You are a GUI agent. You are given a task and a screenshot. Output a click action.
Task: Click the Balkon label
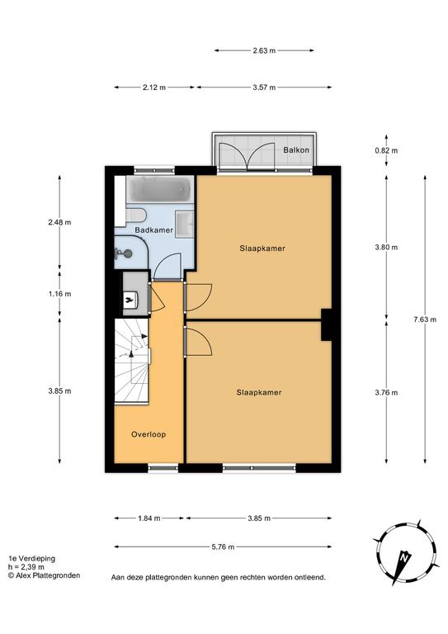296,150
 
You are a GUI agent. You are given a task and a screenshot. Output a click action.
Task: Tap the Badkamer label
154,230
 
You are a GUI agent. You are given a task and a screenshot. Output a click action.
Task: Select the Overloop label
149,435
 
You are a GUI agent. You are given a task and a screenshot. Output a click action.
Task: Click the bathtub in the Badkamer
160,189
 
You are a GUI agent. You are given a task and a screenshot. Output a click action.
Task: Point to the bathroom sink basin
186,223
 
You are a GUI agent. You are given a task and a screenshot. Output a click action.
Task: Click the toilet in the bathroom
135,215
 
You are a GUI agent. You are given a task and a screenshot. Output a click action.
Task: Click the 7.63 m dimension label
425,319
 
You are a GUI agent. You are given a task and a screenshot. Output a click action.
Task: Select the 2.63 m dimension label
264,50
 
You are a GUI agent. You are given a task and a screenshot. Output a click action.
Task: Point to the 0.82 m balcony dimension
386,150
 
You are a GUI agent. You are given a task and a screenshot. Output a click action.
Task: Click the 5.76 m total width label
223,547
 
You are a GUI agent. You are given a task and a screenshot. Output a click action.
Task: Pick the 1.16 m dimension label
59,294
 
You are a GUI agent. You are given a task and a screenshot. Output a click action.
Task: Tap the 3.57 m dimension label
264,88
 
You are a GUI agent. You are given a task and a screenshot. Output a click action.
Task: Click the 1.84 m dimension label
149,518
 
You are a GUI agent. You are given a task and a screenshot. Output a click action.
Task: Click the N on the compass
403,558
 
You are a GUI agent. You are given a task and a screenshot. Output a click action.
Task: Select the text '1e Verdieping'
32,559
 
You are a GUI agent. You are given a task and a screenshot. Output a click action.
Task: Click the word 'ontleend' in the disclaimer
311,578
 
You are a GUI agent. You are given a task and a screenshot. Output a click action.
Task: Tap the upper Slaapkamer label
262,248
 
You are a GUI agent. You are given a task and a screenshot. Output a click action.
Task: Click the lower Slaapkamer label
259,392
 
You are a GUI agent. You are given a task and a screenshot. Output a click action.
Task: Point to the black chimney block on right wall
327,324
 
